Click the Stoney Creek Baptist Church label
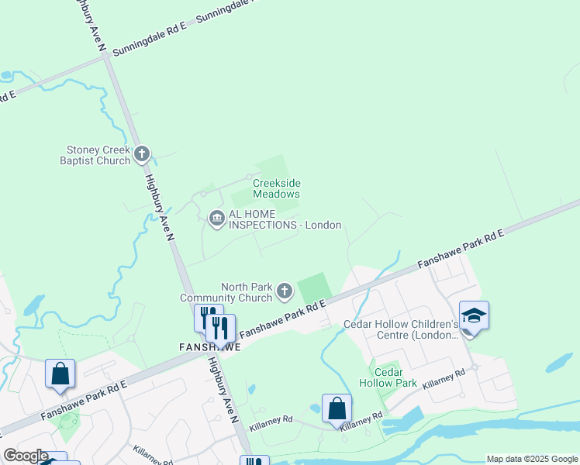(x=98, y=155)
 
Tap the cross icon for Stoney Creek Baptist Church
(x=142, y=154)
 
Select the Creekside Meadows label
(x=276, y=188)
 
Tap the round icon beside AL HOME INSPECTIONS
(x=216, y=219)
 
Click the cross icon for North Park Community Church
(x=285, y=291)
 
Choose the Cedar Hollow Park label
(x=389, y=377)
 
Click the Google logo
(x=25, y=456)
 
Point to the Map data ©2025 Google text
(x=532, y=459)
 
